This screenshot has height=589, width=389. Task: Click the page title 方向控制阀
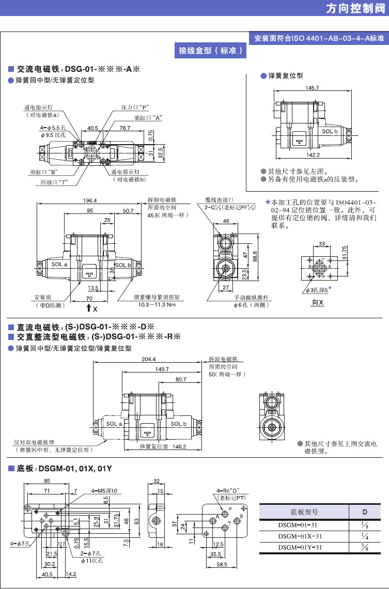coord(356,9)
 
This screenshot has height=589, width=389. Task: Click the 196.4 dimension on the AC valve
coord(89,201)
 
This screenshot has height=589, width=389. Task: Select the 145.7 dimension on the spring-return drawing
coord(312,88)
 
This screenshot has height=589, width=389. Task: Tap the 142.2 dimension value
coord(313,154)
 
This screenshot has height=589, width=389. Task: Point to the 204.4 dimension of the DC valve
coord(148,359)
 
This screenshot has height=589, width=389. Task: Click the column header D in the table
coord(364,512)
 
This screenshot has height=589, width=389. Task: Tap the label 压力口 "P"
coord(135,107)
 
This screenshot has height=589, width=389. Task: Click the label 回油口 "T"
coord(55,182)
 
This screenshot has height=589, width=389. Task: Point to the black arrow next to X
coord(89,308)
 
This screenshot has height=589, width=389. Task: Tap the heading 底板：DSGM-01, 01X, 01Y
coord(64,469)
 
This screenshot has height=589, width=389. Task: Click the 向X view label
coord(318,302)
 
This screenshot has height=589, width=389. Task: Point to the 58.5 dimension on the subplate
coord(222,565)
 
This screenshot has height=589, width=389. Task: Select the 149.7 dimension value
coord(161,369)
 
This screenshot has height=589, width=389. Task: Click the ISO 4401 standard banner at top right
coord(319,38)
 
